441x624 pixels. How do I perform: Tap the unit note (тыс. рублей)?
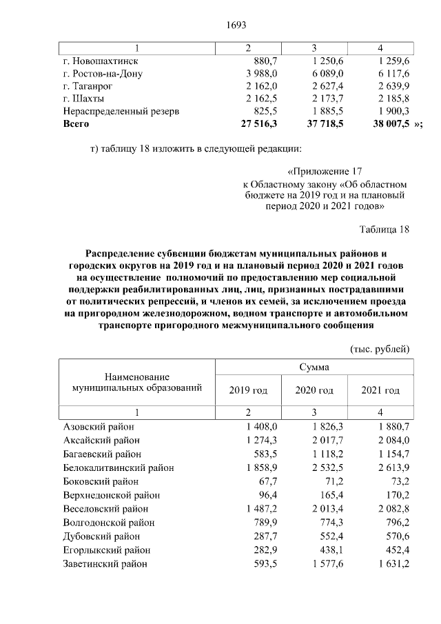(380, 349)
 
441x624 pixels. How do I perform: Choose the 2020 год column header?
(314, 390)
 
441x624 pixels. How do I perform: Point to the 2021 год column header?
(380, 390)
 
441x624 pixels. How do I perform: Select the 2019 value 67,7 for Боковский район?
(265, 481)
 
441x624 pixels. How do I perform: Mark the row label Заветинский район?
(105, 563)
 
